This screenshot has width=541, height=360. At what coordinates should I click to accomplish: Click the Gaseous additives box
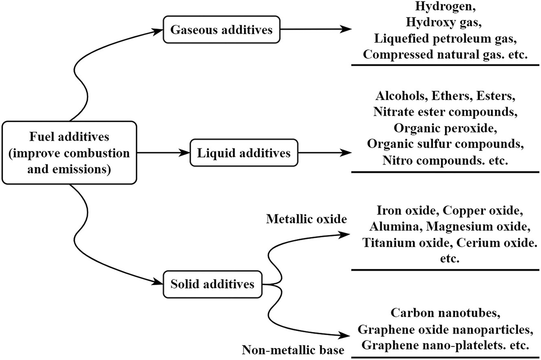click(222, 30)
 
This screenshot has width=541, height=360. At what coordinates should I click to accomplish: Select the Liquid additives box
click(244, 153)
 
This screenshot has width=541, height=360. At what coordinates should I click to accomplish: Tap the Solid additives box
click(213, 284)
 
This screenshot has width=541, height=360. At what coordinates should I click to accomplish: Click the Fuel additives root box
click(69, 153)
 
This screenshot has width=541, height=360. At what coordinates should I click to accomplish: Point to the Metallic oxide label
click(306, 219)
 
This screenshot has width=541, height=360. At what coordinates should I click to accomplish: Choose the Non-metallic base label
click(293, 350)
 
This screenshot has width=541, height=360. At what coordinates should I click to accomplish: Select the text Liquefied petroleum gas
click(442, 39)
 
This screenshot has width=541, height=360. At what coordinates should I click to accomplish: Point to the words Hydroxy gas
click(442, 22)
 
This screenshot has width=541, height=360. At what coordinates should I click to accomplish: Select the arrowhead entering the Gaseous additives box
click(157, 31)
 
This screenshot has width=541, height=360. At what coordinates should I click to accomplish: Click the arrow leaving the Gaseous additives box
click(316, 29)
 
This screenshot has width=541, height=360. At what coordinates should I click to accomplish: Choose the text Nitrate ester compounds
click(445, 112)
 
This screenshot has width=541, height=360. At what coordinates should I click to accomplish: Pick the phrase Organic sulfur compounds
click(445, 144)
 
